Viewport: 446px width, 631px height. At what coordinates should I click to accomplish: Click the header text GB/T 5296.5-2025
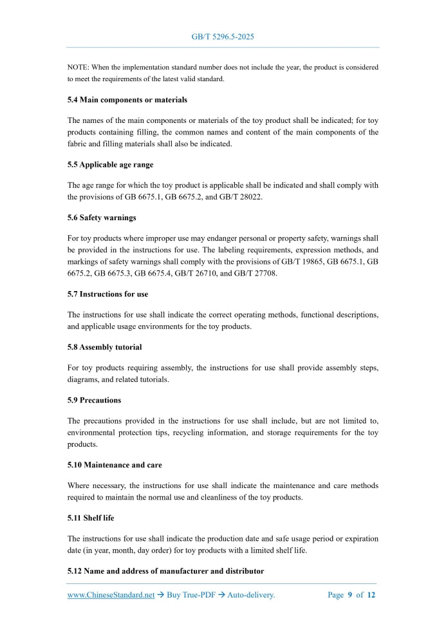coord(223,37)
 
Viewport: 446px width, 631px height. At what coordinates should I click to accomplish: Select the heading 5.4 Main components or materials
coord(127,100)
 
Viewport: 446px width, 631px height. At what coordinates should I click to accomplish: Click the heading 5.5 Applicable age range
coord(110,165)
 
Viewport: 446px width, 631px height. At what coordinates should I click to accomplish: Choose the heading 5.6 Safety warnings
coord(102,218)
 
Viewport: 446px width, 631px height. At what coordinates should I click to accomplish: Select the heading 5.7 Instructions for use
coord(107,294)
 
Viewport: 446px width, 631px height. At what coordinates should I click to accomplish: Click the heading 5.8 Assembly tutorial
coord(104,347)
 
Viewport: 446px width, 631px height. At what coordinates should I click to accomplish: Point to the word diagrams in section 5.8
coord(84,379)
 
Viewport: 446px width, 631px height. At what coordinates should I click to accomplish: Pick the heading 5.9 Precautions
coord(94,400)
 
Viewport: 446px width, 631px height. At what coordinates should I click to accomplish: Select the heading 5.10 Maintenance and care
coord(115,465)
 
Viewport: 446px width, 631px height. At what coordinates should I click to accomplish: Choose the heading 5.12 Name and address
coord(165,571)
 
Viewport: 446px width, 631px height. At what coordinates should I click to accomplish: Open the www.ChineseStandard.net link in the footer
coord(111,595)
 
